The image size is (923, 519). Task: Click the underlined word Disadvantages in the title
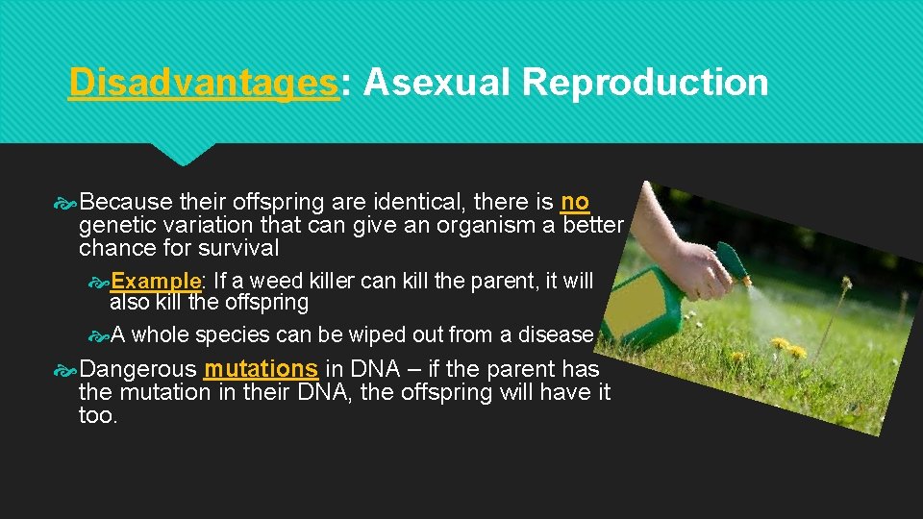coord(203,84)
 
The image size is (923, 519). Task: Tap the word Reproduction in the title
coord(645,84)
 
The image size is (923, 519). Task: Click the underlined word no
coord(575,203)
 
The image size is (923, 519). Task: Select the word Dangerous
coord(138,369)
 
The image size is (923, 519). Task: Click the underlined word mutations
coord(261,369)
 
